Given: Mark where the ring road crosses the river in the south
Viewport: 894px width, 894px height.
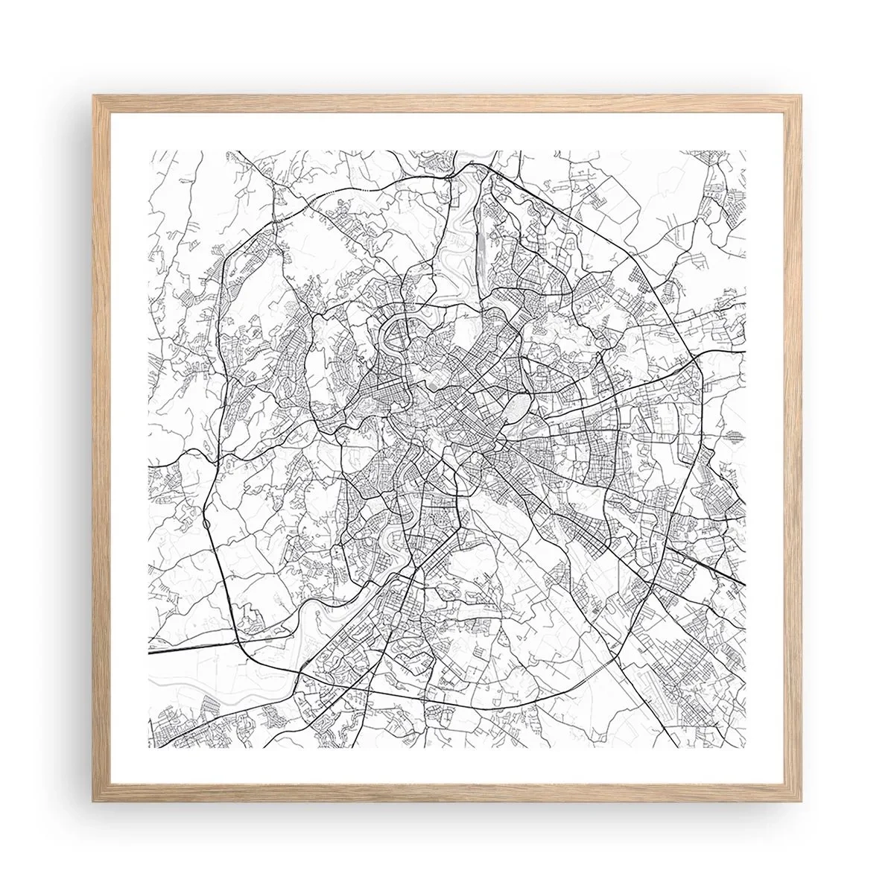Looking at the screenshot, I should click(298, 659).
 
